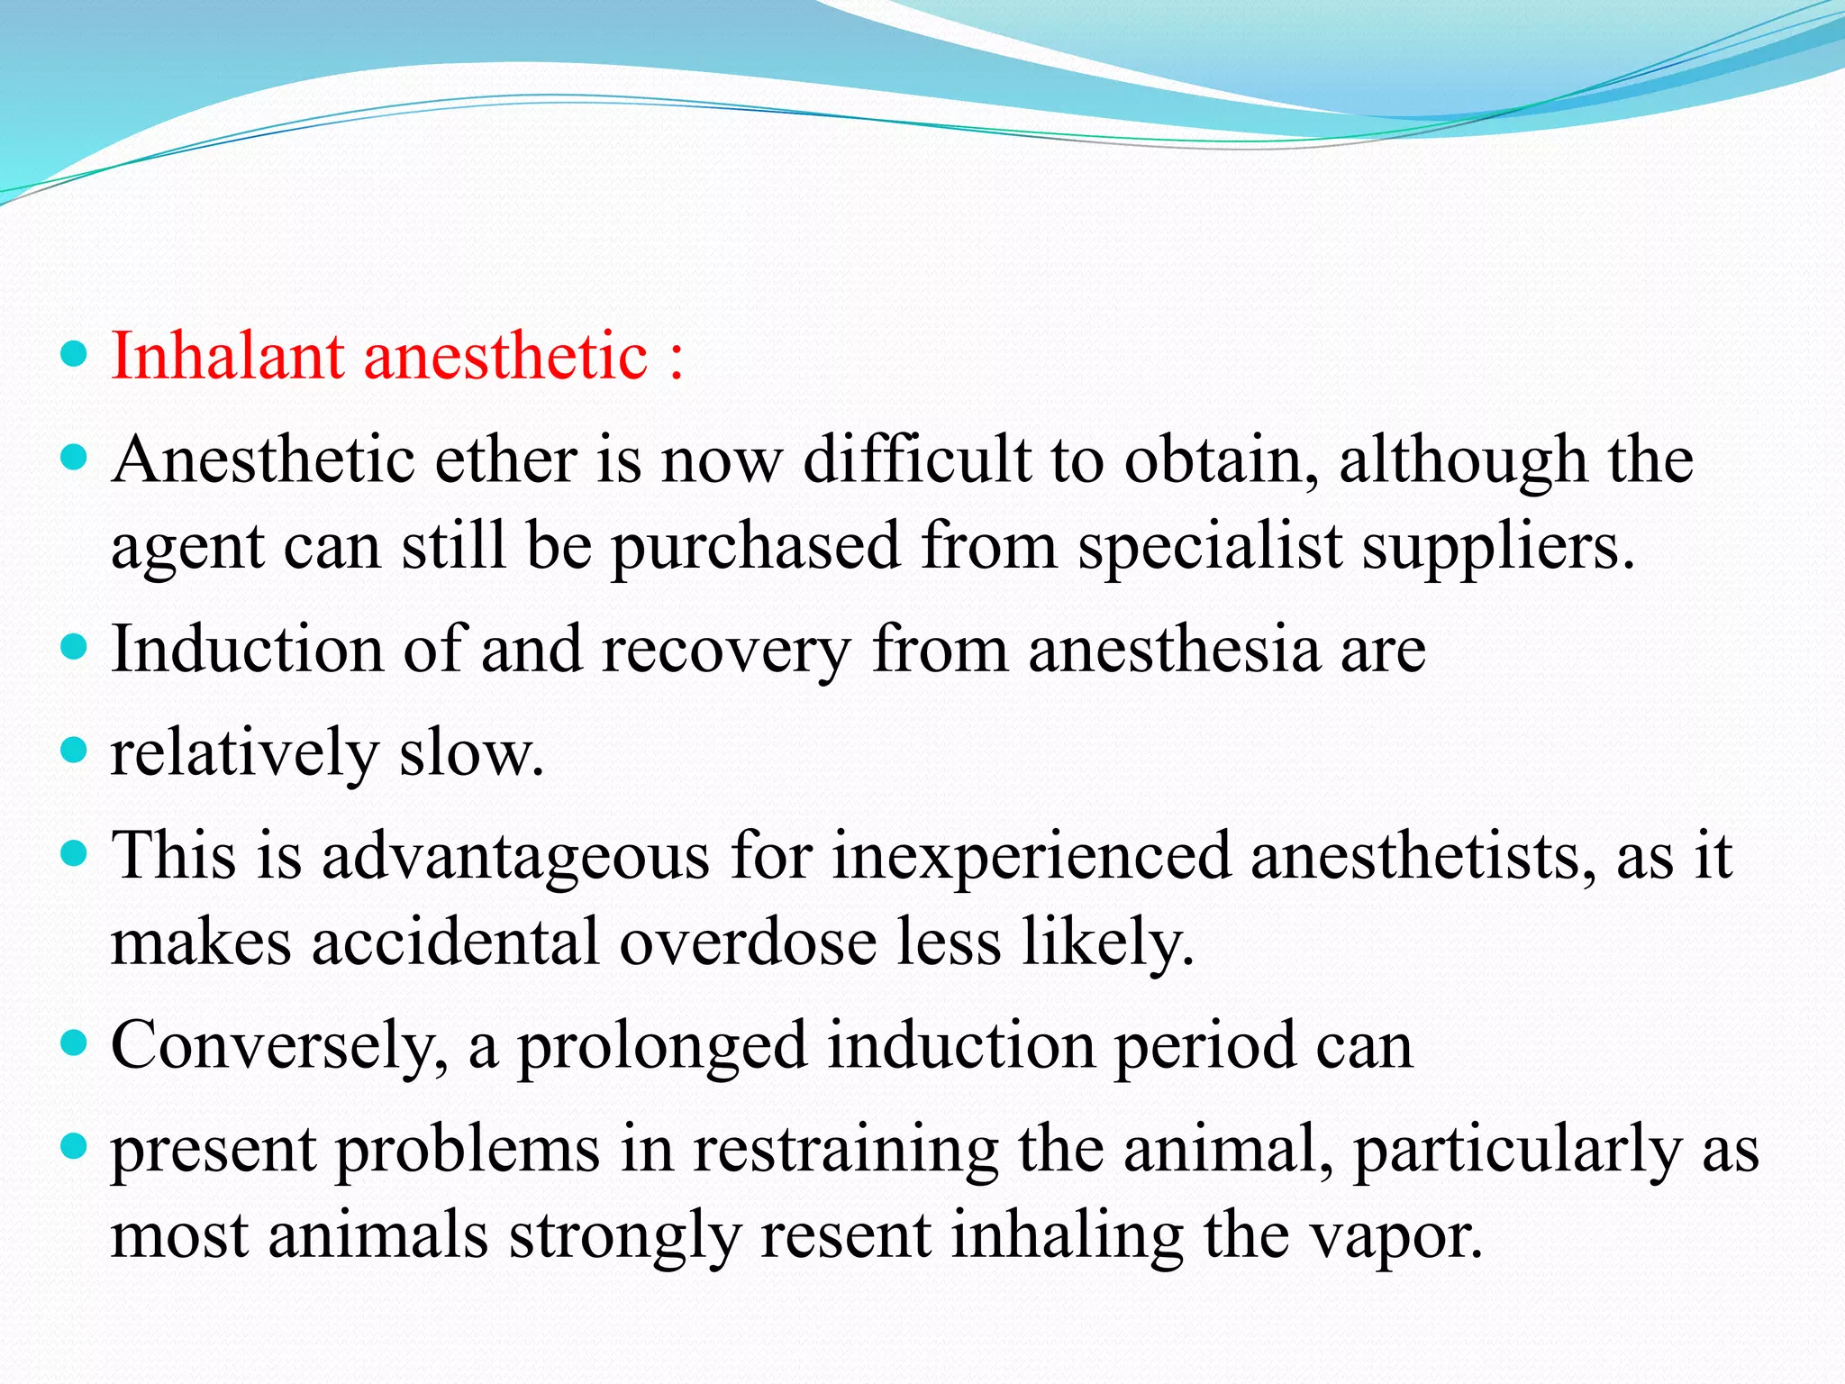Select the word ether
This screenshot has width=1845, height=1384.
point(505,460)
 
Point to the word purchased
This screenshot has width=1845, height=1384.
point(756,547)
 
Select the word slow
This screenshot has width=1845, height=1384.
point(471,753)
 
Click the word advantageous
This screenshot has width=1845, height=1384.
point(516,857)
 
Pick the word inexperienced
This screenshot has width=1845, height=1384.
point(1031,857)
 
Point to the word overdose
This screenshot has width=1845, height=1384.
point(748,942)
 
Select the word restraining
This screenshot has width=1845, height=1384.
point(845,1151)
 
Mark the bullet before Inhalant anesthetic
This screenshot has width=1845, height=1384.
point(75,354)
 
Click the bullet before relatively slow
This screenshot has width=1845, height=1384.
point(75,750)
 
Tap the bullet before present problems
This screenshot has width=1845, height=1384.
point(75,1146)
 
